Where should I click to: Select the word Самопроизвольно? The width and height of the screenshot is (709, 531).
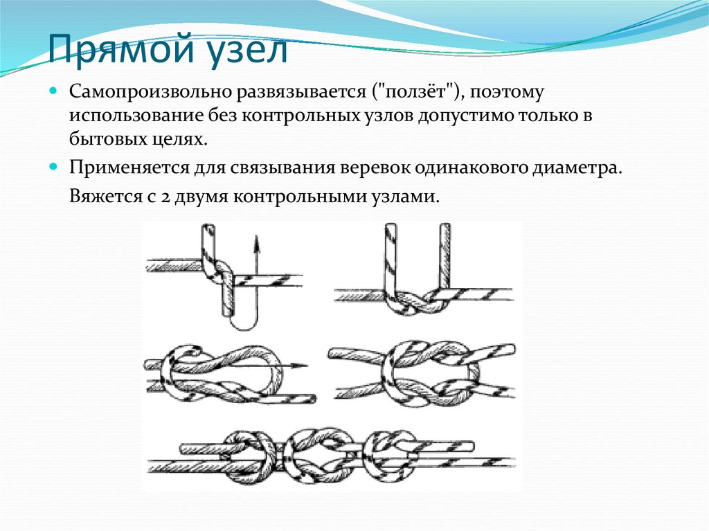click(x=150, y=92)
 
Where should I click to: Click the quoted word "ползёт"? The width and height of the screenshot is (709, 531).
click(x=415, y=92)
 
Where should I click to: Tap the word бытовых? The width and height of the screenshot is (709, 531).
click(x=107, y=139)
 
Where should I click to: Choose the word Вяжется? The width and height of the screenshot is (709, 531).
click(x=105, y=197)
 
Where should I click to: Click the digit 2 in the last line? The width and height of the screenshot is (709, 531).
click(x=164, y=198)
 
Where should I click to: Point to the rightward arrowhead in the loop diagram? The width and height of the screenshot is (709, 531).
click(x=299, y=366)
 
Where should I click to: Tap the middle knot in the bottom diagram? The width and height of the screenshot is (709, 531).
click(x=318, y=456)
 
